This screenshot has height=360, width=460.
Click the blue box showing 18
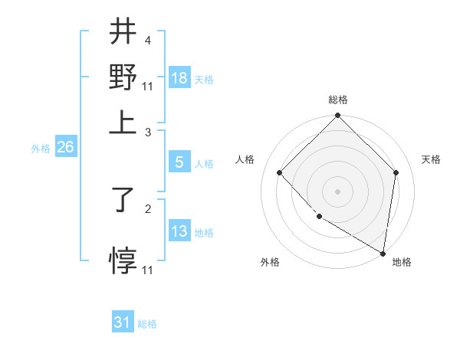pos(179,78)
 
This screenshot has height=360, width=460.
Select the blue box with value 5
pos(179,162)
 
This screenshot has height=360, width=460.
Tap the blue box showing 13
pos(179,231)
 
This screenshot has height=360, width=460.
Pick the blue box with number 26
pos(65,148)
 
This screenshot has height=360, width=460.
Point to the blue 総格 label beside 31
pos(147,324)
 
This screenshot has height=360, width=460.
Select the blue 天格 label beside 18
pos(204,80)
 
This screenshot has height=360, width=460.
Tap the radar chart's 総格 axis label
pos(337,100)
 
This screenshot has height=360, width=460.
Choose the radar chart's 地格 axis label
pos(402,262)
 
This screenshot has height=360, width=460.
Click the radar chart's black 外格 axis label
pos(270,262)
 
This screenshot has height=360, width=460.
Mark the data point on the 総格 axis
pos(337,116)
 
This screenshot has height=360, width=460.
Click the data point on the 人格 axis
pos(280,173)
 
